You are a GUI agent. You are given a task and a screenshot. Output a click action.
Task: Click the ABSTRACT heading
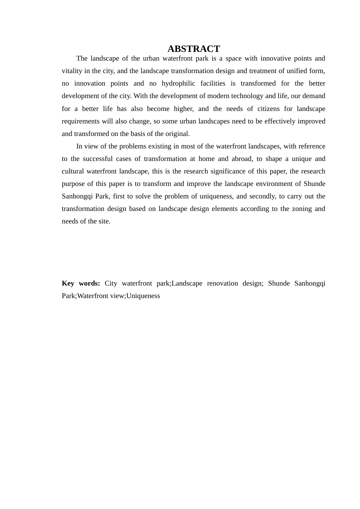click(194, 49)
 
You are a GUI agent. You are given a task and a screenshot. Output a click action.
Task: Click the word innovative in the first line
click(275, 58)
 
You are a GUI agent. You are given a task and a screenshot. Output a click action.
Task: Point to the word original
click(177, 134)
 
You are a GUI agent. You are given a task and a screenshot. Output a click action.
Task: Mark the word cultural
click(72, 171)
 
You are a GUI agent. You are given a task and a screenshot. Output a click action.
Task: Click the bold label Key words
click(81, 283)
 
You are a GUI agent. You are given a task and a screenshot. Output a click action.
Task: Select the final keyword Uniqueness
click(143, 296)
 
